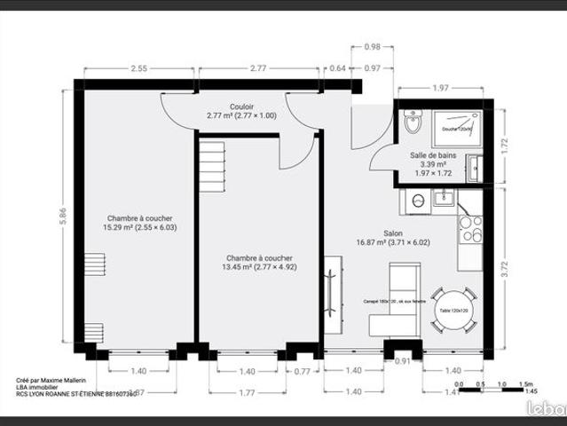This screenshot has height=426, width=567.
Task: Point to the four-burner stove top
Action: [x=470, y=229]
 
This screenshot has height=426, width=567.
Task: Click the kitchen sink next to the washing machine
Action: [x=444, y=198]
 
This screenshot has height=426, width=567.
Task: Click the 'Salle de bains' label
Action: [x=434, y=154]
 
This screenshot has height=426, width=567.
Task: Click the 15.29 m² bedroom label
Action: [x=139, y=222]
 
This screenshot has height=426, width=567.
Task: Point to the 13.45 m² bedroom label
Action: [x=258, y=261]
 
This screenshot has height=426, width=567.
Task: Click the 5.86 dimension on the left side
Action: [x=62, y=216]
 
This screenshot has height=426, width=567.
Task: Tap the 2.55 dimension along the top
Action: [x=139, y=68]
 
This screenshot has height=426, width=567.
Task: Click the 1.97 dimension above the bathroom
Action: [x=441, y=88]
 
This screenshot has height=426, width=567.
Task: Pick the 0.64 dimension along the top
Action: [x=337, y=68]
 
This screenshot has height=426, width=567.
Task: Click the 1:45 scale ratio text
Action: [x=531, y=391]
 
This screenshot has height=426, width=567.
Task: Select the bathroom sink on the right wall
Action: [x=476, y=167]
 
